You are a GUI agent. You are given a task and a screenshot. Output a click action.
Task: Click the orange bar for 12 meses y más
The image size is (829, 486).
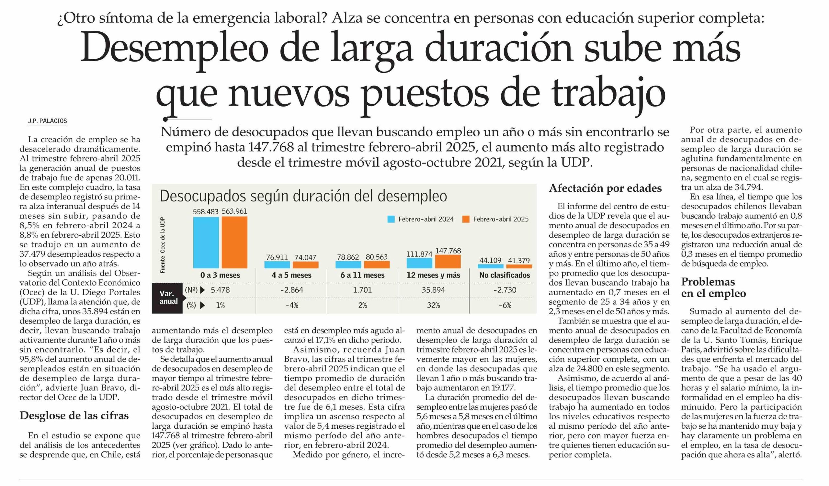click(448, 261)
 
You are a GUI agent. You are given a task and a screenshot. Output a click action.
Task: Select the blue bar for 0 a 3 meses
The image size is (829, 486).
click(206, 243)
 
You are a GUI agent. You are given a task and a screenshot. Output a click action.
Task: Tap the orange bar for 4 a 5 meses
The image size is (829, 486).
click(306, 265)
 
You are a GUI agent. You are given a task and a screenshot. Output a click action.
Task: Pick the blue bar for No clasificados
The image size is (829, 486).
click(491, 266)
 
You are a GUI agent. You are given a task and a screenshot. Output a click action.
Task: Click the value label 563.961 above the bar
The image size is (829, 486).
click(234, 211)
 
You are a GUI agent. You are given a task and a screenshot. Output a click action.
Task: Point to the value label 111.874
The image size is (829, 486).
click(419, 254)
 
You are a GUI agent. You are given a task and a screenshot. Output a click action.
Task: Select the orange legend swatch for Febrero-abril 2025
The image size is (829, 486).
click(465, 219)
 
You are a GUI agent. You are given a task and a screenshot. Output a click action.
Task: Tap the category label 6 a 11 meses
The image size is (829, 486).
click(362, 275)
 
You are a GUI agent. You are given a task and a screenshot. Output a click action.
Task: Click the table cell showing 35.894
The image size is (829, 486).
click(433, 290)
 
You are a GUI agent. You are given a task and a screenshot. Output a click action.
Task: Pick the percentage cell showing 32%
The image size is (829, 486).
click(433, 305)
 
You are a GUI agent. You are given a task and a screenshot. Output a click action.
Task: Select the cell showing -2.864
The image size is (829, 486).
click(291, 290)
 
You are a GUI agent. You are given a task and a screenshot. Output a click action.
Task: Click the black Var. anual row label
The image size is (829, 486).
click(168, 298)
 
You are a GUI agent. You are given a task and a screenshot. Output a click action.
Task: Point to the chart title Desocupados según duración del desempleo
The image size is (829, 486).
click(303, 196)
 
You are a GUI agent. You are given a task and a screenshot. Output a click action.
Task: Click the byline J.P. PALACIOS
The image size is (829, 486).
click(47, 121)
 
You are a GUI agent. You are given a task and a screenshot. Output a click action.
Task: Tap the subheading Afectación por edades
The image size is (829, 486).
click(605, 188)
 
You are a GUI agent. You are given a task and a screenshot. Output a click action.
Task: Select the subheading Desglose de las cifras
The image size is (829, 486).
click(74, 416)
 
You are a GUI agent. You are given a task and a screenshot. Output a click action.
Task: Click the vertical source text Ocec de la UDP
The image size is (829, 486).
click(163, 235)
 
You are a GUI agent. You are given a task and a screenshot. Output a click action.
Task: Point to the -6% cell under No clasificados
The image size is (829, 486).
click(505, 305)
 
